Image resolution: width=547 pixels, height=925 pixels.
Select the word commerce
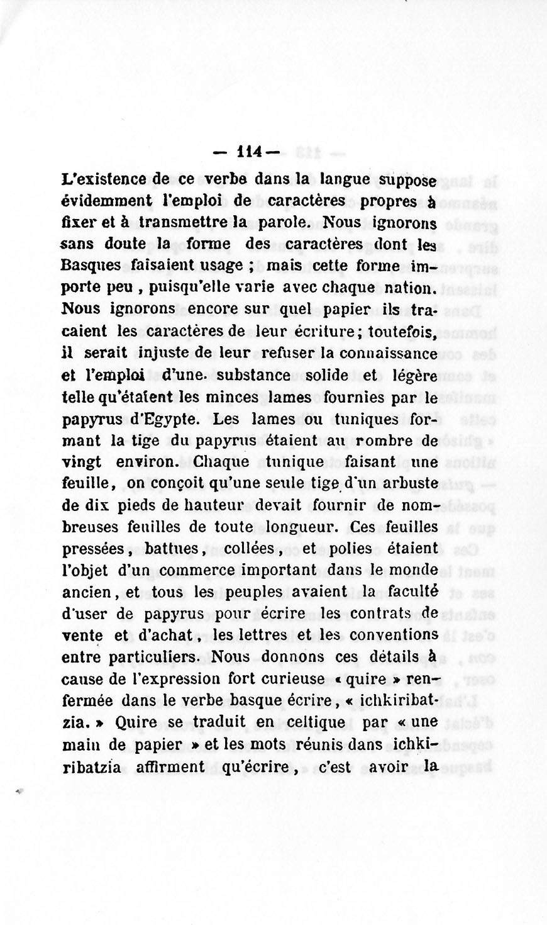click(x=214, y=569)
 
